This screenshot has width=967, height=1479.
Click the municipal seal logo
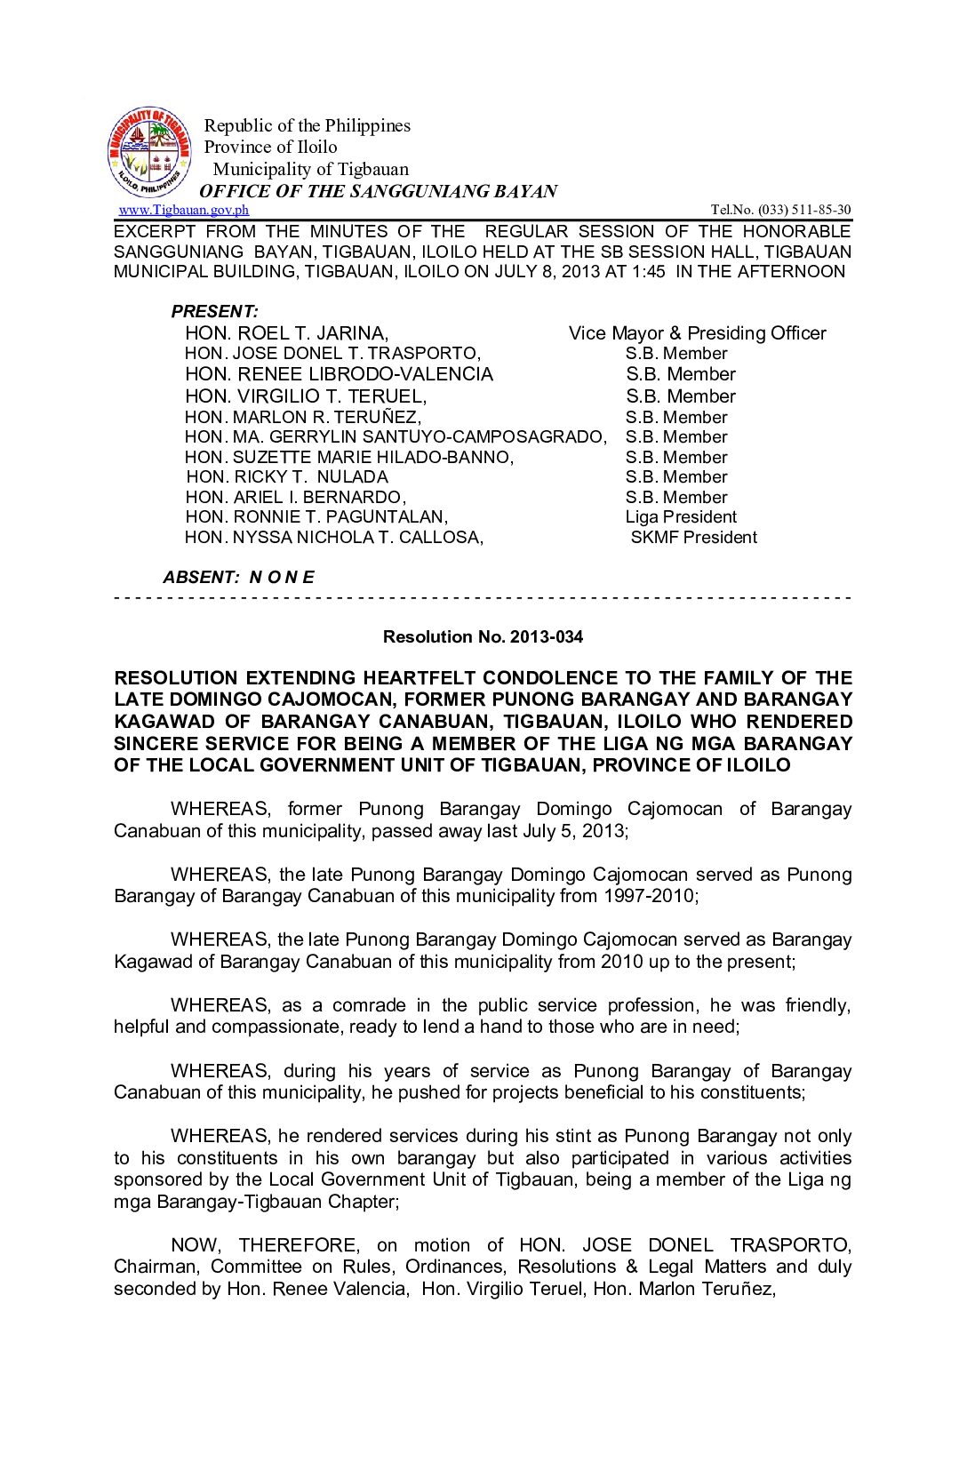[x=148, y=153]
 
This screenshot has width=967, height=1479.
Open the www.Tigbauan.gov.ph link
[x=184, y=210]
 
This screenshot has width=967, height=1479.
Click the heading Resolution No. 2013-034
[x=483, y=636]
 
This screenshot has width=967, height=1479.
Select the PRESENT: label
[x=214, y=311]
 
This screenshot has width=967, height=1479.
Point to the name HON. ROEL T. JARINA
[x=286, y=333]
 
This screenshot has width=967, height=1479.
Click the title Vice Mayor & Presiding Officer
[x=697, y=333]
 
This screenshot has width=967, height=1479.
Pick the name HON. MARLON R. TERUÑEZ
[x=303, y=417]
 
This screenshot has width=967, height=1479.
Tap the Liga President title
[x=681, y=517]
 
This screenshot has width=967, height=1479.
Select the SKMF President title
[x=693, y=537]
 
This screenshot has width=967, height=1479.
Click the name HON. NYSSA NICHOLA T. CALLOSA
[x=334, y=537]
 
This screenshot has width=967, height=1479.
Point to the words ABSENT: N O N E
[x=238, y=577]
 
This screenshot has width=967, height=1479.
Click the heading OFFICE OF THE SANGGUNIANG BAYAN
[x=379, y=191]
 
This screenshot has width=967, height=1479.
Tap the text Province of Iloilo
[x=271, y=147]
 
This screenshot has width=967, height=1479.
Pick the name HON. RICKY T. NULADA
[x=287, y=477]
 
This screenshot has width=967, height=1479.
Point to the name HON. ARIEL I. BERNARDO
[x=295, y=497]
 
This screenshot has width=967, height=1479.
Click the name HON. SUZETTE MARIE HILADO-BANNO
[x=349, y=457]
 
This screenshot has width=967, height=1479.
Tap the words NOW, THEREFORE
[x=265, y=1245]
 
